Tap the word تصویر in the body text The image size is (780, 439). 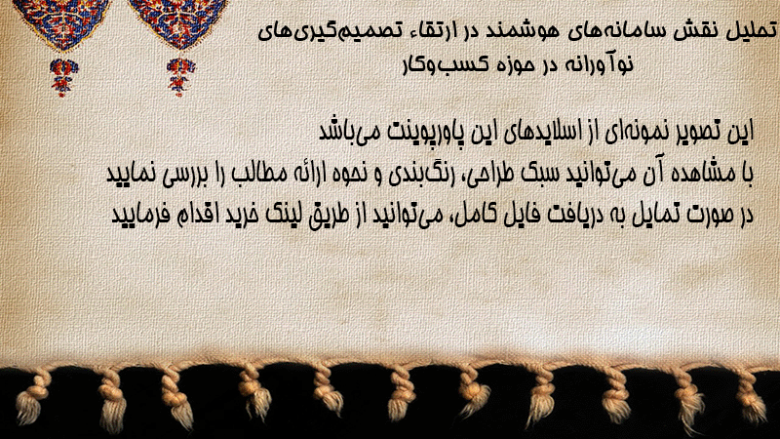[704, 132]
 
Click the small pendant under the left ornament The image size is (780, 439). [63, 77]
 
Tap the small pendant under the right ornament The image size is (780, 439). [180, 77]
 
